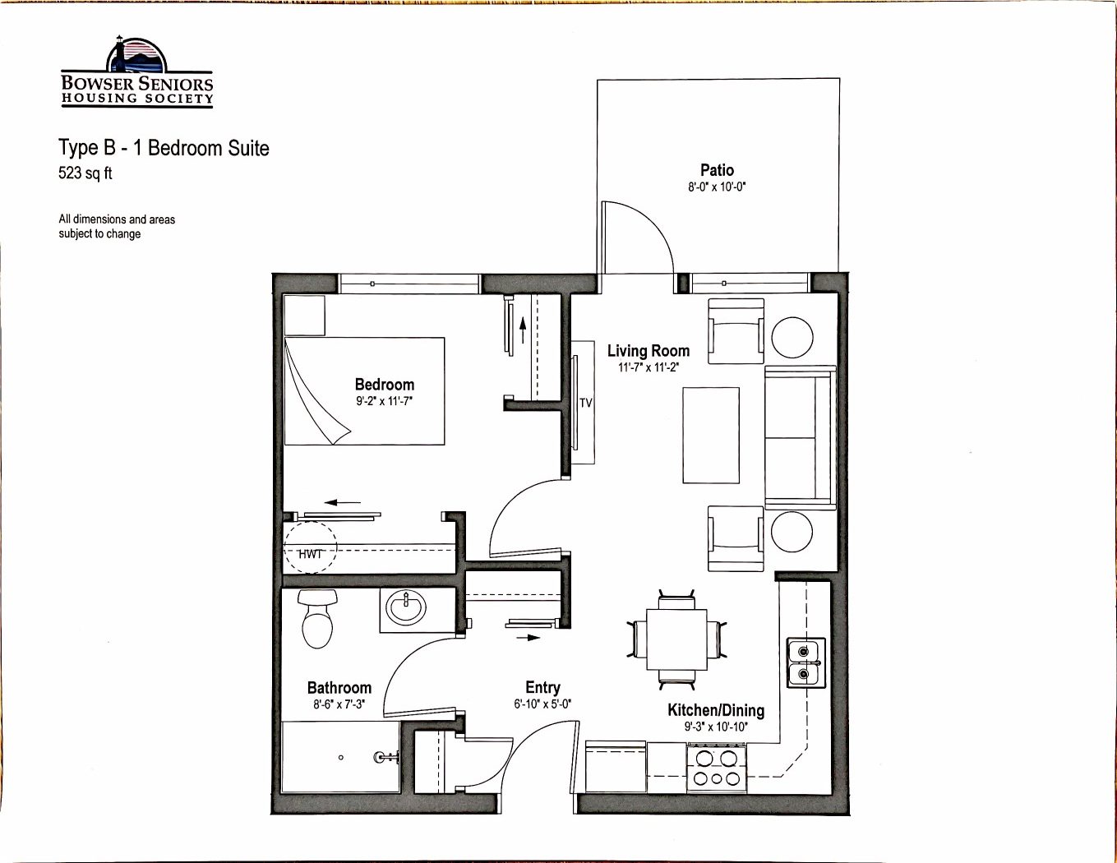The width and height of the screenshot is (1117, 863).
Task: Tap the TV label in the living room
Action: tap(586, 404)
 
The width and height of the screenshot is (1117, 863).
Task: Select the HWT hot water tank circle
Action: tap(311, 547)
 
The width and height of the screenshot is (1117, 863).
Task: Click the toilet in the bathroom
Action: tap(317, 618)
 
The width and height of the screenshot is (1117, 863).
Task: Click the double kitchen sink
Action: tap(806, 662)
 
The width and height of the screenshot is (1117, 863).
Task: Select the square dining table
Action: tap(676, 639)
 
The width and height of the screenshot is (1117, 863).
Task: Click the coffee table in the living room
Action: tap(711, 436)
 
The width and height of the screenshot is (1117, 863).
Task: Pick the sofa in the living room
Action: tap(801, 437)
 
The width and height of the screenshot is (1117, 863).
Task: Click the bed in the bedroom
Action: tap(364, 391)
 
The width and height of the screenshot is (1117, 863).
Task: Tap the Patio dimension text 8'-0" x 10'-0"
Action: tap(717, 187)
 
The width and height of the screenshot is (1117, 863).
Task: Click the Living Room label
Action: tap(649, 351)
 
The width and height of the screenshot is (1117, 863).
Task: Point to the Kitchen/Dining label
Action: tap(716, 710)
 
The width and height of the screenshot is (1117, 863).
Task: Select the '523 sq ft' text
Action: tap(85, 173)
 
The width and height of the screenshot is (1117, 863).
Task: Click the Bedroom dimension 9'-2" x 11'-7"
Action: tap(385, 401)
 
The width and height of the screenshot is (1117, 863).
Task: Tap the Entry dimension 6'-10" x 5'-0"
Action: tap(542, 704)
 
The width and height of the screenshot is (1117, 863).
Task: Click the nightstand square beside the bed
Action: tap(304, 316)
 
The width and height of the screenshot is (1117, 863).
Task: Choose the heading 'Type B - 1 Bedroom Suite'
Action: tap(164, 148)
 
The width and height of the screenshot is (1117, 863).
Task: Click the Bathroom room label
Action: tap(339, 688)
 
